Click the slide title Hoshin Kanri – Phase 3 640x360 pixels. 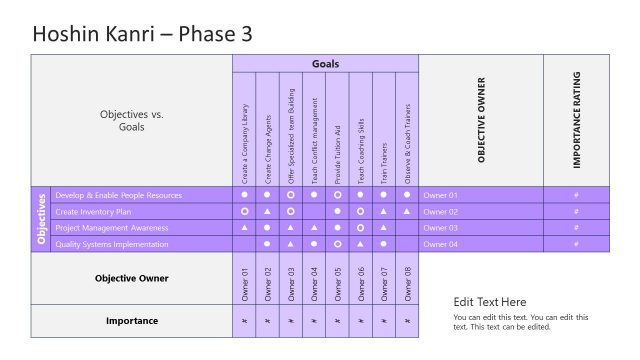coord(142,34)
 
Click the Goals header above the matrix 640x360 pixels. coord(325,64)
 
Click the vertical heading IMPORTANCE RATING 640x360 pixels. coord(577,120)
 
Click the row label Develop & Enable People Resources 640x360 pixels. coord(119,195)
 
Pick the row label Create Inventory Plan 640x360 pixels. coord(93,211)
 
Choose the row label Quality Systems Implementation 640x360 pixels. coord(113,243)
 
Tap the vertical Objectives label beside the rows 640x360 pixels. coord(41,219)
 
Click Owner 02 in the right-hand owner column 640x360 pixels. coord(440,211)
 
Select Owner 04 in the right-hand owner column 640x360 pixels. coord(440,243)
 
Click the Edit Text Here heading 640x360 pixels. coord(490,302)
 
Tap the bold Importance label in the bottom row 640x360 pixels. coord(131,321)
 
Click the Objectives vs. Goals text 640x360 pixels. coord(131,121)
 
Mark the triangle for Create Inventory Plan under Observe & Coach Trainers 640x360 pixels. coord(407,211)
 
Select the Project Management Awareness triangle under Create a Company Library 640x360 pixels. coord(244,227)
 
